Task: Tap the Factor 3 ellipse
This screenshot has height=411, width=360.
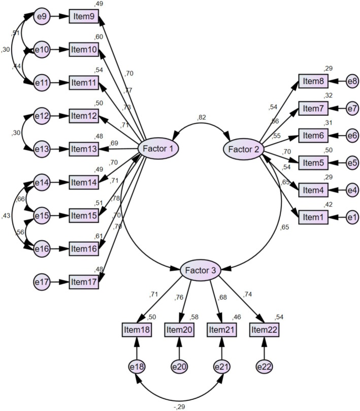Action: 200,270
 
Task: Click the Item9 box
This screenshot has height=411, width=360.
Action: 83,17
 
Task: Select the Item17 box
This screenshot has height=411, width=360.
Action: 83,280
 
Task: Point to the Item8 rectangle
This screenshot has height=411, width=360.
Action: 314,80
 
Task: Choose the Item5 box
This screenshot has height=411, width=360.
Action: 314,163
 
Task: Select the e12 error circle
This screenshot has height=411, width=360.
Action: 41,116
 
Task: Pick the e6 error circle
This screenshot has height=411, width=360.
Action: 352,136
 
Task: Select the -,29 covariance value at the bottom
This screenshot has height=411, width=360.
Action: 179,406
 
